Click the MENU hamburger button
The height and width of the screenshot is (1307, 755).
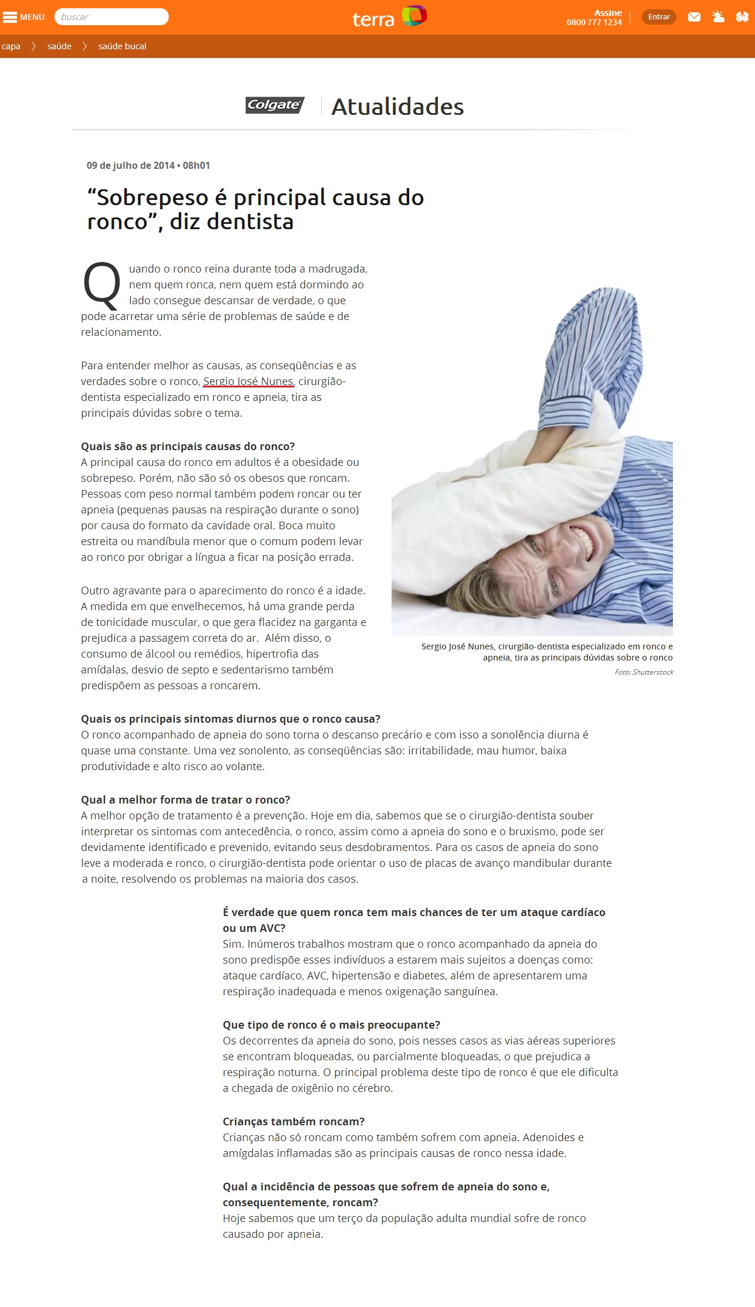pyautogui.click(x=23, y=17)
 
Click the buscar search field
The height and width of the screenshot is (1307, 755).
pyautogui.click(x=111, y=17)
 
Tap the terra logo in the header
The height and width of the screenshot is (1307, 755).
pyautogui.click(x=389, y=18)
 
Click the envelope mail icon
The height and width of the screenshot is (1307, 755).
pyautogui.click(x=694, y=17)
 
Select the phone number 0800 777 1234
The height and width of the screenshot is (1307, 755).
pyautogui.click(x=594, y=23)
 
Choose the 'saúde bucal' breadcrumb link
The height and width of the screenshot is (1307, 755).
pyautogui.click(x=122, y=46)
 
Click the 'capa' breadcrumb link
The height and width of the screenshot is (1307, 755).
pyautogui.click(x=11, y=46)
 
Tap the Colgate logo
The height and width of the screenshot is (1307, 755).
pyautogui.click(x=274, y=105)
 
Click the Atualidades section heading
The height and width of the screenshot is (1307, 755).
pyautogui.click(x=397, y=107)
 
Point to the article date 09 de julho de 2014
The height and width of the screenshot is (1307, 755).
pyautogui.click(x=130, y=165)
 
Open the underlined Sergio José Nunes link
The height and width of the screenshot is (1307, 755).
pyautogui.click(x=248, y=382)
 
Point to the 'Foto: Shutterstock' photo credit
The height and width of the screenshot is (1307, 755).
pyautogui.click(x=644, y=672)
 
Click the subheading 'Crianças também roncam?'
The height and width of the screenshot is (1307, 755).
pyautogui.click(x=293, y=1121)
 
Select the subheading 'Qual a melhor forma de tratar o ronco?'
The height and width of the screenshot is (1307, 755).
pyautogui.click(x=185, y=799)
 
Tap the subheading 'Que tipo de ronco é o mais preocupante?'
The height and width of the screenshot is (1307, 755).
pyautogui.click(x=331, y=1025)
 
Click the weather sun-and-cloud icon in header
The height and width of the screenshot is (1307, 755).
pyautogui.click(x=718, y=17)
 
